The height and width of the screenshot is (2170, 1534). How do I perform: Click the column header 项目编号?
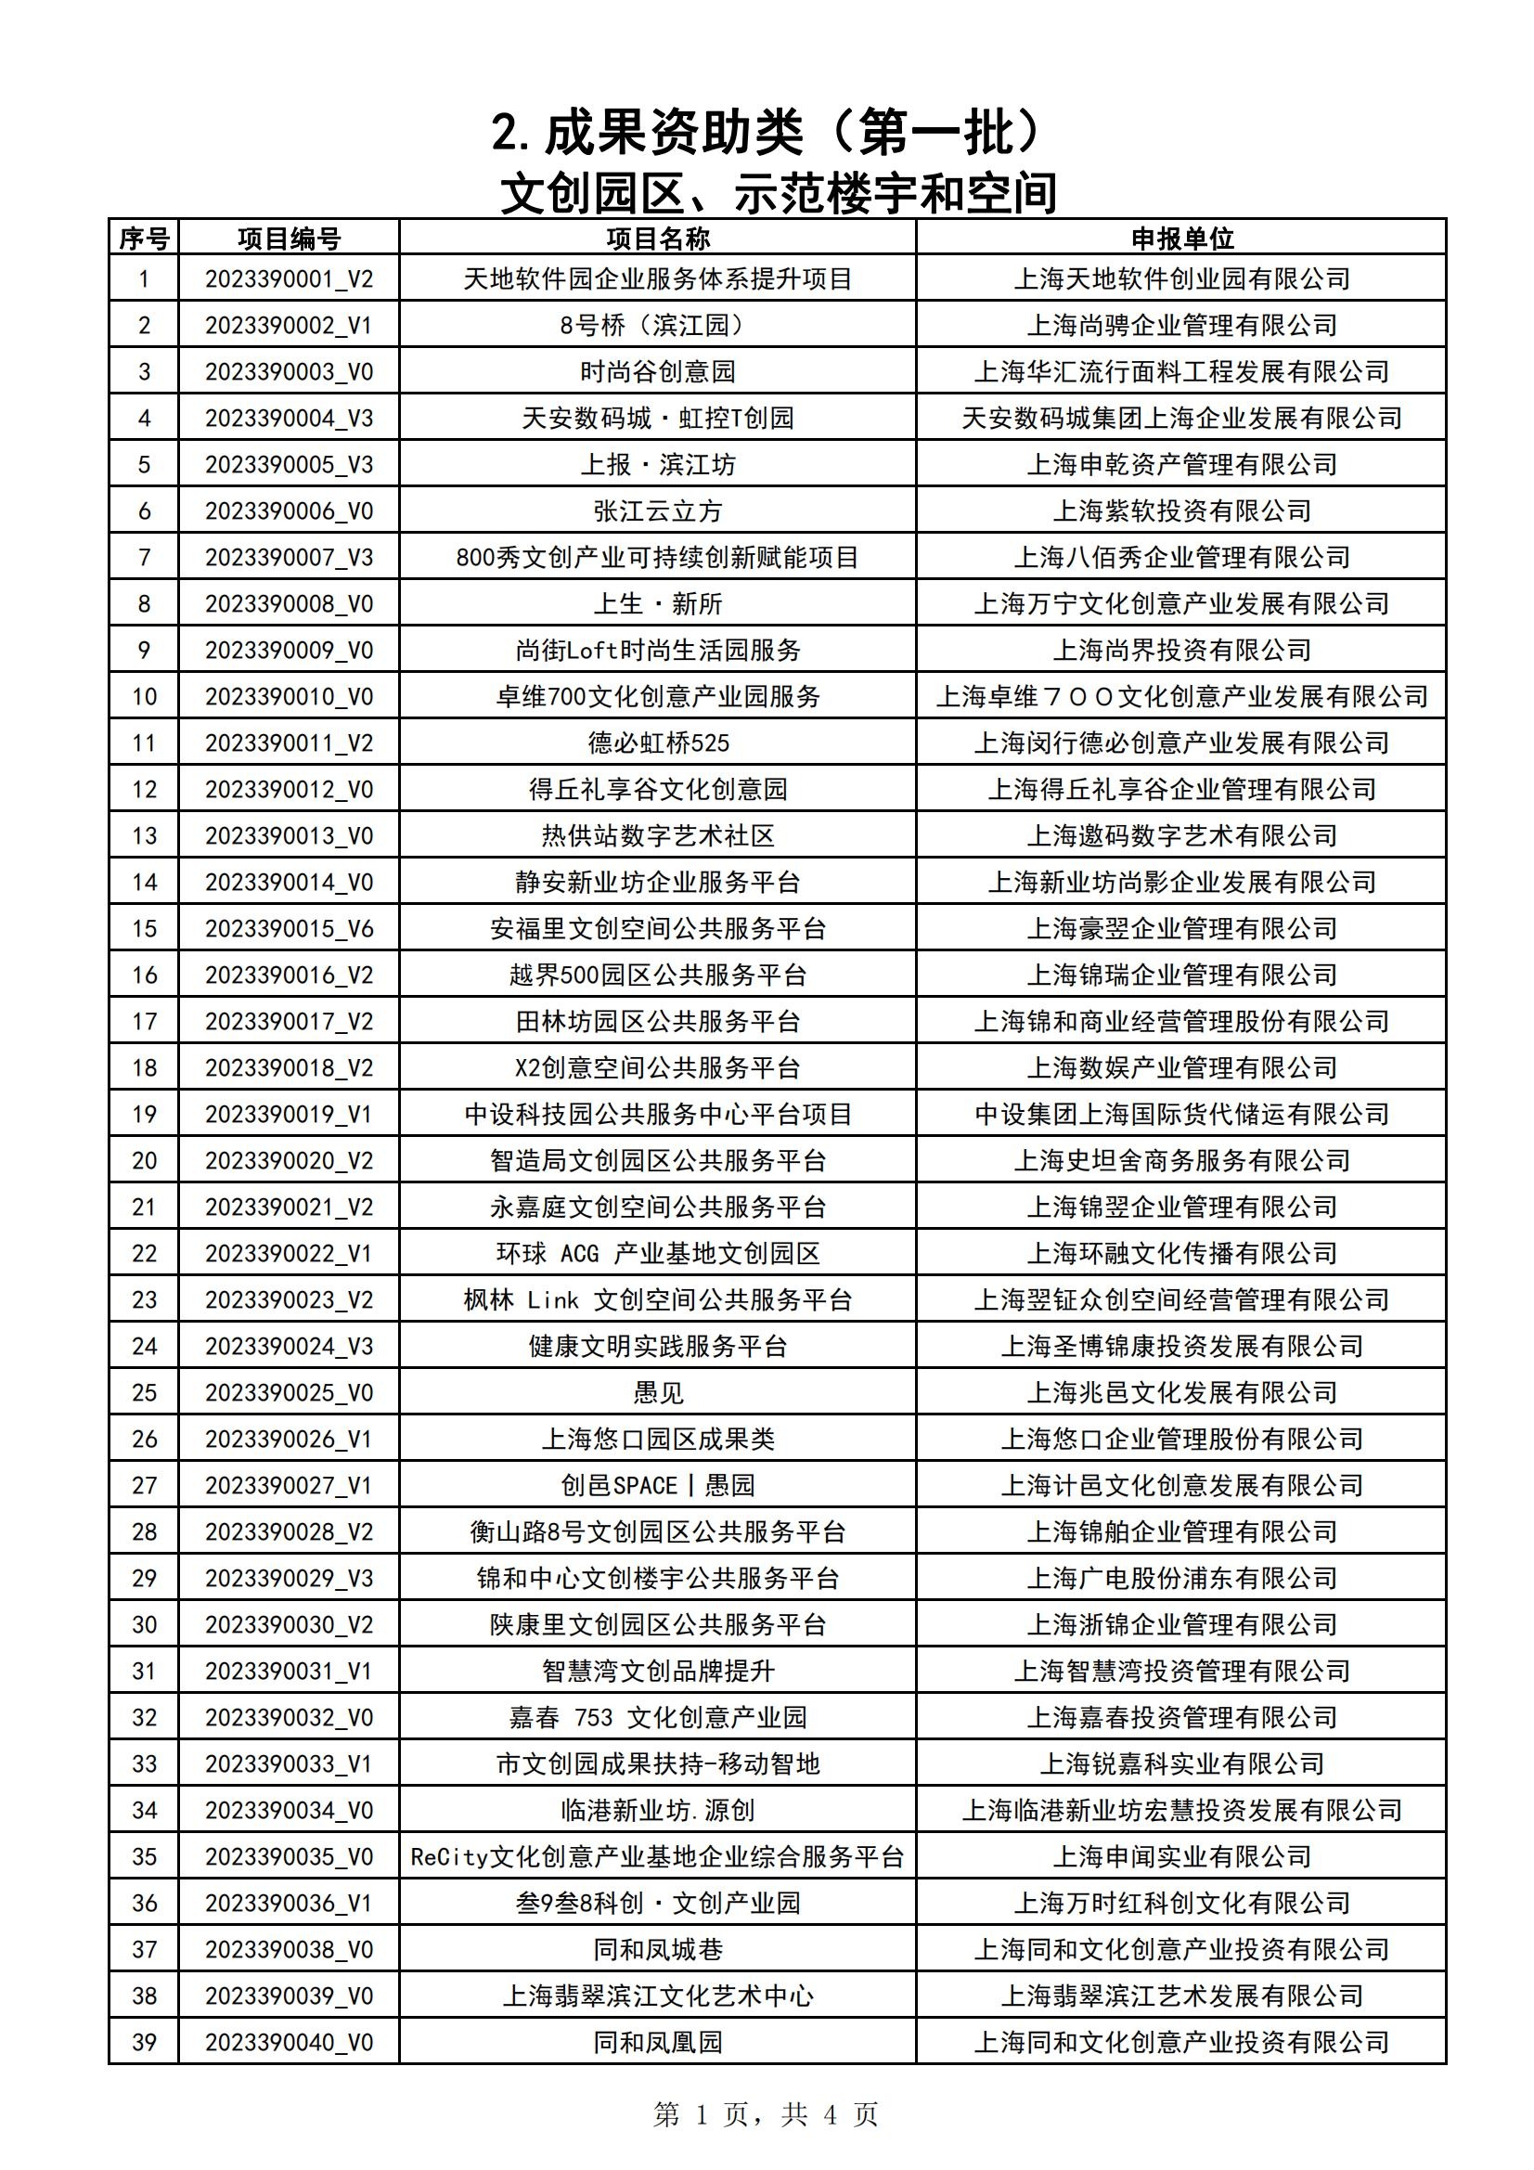coord(289,239)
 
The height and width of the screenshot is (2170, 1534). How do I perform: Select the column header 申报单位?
coord(1181,239)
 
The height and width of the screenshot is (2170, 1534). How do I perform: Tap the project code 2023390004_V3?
coord(289,418)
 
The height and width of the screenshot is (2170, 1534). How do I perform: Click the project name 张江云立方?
coord(658,511)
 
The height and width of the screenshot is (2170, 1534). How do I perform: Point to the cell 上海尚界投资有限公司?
coord(1181,651)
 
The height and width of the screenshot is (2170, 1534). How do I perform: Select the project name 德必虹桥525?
coord(658,743)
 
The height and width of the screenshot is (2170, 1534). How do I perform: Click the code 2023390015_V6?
coord(289,929)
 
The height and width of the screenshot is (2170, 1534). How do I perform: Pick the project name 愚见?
coord(658,1393)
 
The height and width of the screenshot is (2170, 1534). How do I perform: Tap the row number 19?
coord(144,1115)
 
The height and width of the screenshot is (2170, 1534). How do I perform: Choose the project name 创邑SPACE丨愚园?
coord(658,1486)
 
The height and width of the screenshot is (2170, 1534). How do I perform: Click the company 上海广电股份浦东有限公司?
coord(1181,1579)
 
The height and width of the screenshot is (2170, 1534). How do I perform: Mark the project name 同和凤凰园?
coord(658,2043)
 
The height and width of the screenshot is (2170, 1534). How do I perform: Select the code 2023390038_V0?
coord(289,1950)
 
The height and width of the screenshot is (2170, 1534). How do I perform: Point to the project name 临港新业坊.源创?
coord(658,1811)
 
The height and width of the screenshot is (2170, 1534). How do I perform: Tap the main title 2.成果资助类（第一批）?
coord(766,133)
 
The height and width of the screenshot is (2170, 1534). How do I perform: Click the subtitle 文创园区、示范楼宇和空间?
coord(777,194)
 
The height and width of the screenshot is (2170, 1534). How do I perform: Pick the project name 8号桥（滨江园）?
coord(658,325)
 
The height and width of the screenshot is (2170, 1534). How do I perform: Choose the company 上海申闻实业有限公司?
coord(1181,1857)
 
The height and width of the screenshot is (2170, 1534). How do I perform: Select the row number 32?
coord(144,1717)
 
